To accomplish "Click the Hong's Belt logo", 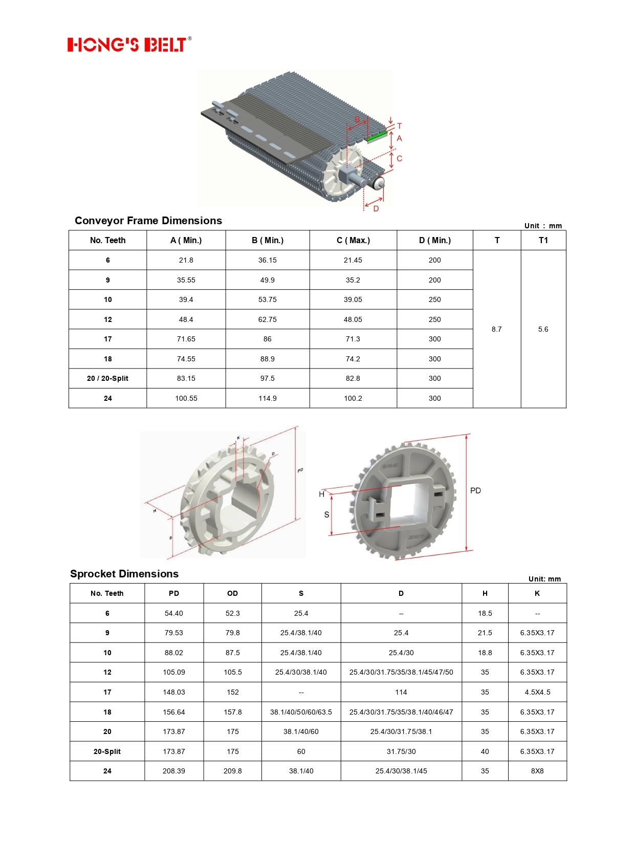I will (129, 45).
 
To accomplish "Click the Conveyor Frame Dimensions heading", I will (148, 221).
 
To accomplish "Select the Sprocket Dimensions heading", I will (124, 574).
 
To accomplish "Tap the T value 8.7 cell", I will (496, 329).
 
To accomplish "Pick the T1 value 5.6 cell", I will (543, 329).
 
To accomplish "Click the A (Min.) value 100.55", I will (186, 398).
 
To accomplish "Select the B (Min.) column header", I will (267, 240).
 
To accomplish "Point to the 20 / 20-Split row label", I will (107, 378).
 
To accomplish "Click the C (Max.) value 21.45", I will (353, 260).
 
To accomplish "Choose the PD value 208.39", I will (174, 771).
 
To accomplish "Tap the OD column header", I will (232, 593).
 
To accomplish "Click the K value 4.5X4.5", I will (537, 692).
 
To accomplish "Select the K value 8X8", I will (537, 771).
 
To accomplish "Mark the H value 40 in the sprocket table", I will (485, 751).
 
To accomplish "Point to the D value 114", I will (401, 692).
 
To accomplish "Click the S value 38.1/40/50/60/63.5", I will (301, 712).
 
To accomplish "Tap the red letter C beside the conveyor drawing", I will (399, 159).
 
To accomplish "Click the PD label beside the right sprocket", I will (475, 490).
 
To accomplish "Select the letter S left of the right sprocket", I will (326, 514).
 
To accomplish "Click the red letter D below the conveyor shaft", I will (376, 208).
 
